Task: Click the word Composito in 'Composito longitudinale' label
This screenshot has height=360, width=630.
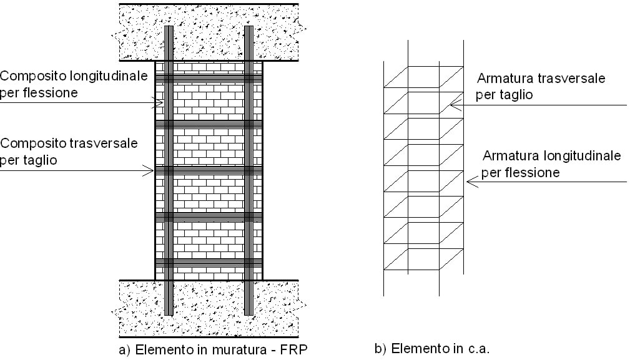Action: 29,77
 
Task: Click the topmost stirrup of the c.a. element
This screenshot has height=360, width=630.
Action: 423,77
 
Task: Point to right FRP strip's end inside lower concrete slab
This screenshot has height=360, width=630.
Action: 249,312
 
